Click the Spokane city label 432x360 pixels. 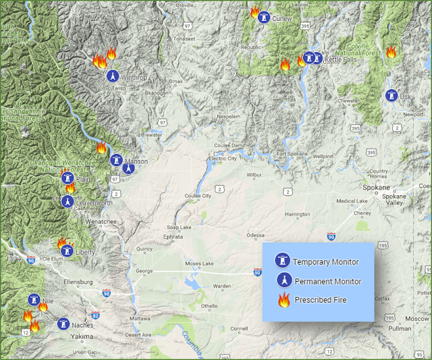pos(376,187)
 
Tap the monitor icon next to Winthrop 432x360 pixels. pos(113,76)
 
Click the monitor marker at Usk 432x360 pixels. pos(391,96)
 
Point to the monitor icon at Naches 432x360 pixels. pos(63,324)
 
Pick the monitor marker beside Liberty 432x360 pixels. pos(67,251)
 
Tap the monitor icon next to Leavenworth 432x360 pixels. pos(67,201)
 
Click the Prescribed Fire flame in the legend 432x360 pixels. pos(283,299)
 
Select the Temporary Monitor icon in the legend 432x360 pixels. pos(283,261)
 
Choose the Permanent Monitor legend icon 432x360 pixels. pos(283,280)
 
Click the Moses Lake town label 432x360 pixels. pos(200,263)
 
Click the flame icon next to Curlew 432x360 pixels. pos(255,12)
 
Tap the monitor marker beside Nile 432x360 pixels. pos(33,300)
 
